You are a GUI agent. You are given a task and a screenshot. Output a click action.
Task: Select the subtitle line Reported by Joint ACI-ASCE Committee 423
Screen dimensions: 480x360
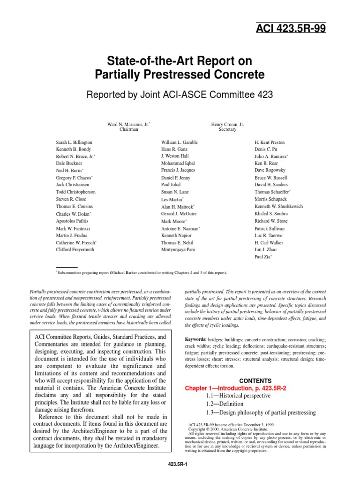[180, 95]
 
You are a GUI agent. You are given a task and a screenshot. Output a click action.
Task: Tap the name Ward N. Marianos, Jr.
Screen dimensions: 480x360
[128, 124]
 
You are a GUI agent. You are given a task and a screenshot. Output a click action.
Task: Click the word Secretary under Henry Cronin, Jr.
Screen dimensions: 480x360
[227, 130]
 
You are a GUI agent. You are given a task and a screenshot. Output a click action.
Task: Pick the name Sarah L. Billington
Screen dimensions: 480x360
[74, 142]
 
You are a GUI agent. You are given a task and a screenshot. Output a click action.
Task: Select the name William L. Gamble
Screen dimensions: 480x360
[179, 142]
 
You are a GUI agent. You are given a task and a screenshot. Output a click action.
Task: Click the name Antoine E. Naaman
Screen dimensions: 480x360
[180, 229]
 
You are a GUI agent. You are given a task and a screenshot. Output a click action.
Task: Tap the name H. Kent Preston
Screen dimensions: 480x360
[270, 142]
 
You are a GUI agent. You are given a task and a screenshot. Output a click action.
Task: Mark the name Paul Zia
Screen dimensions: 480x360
[262, 257]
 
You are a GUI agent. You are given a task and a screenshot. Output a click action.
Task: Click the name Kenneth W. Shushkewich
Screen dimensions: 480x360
[278, 207]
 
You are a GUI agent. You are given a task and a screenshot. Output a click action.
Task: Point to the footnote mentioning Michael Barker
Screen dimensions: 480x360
[142, 272]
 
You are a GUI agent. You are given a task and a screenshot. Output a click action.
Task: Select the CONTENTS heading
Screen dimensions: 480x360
[255, 381]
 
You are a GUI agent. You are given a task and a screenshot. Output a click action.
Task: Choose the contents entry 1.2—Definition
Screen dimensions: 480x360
[225, 404]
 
